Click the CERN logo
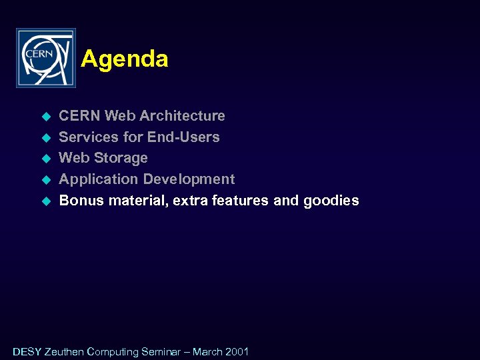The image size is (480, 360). point(46,58)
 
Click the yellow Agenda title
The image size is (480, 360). point(125,59)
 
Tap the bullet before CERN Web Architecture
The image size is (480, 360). point(47,117)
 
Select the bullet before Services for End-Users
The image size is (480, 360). point(47,138)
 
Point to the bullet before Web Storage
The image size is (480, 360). point(47,159)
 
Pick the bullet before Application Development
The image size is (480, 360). point(47,180)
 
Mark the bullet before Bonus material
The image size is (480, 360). point(47,201)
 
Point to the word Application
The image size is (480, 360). point(99,179)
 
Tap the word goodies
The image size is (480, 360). point(331,201)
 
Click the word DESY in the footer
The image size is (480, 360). point(27,351)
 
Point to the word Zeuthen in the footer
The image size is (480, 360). point(65,351)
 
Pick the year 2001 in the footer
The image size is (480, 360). point(237,351)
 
